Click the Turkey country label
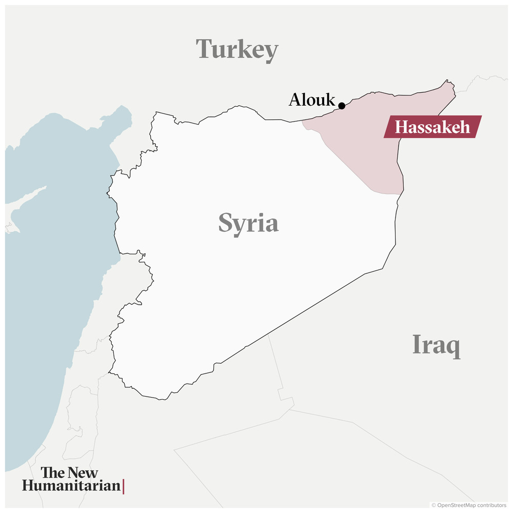pos(237,50)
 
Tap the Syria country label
pos(248,223)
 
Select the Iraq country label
pos(436,345)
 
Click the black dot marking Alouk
pos(342,106)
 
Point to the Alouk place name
pos(311,100)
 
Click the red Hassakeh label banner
pos(432,127)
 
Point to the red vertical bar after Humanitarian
pos(124,486)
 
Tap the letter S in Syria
pos(226,223)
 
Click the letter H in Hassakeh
pos(401,127)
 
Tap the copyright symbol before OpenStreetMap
pos(433,505)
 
